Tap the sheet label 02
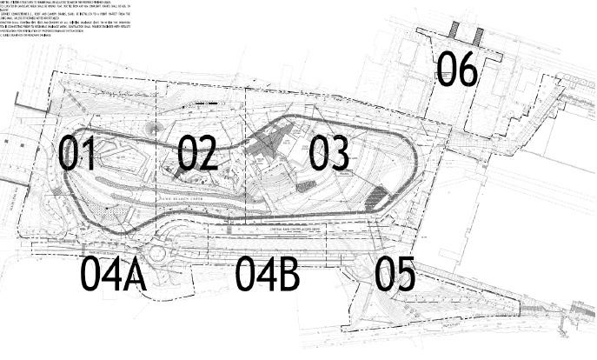(x=197, y=154)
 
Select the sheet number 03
(x=328, y=154)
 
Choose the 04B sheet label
(x=268, y=274)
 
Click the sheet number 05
(x=395, y=275)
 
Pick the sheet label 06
(x=456, y=70)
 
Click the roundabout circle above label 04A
(x=157, y=254)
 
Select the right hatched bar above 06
(x=477, y=36)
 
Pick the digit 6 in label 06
(x=467, y=70)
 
